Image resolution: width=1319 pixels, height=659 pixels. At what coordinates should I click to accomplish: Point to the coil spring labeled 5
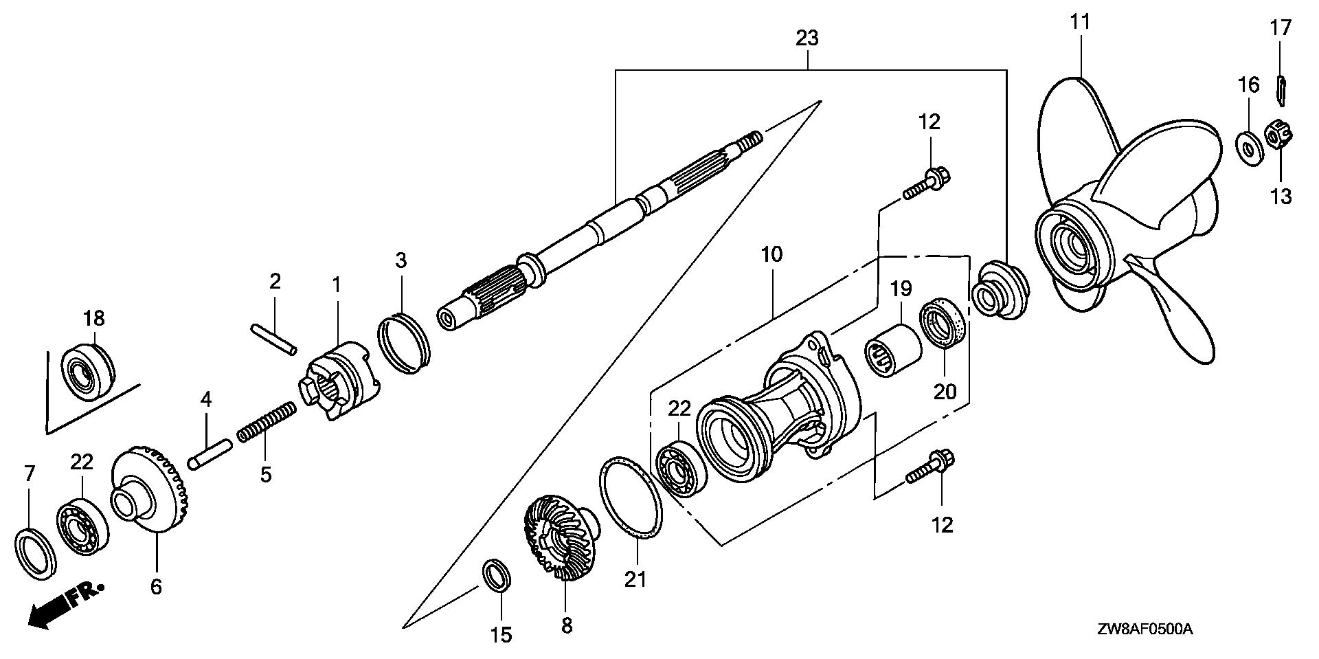tap(267, 423)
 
